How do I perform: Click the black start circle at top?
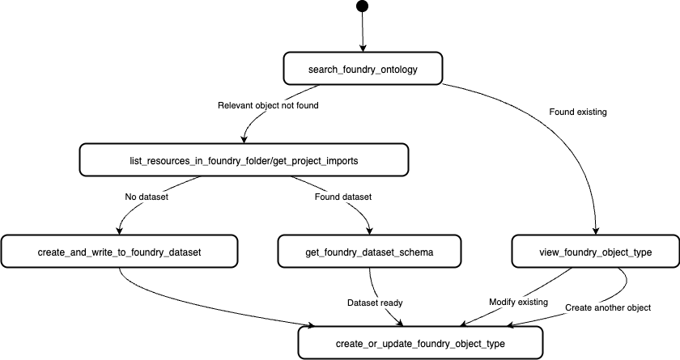(362, 7)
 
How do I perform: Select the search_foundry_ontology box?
(363, 69)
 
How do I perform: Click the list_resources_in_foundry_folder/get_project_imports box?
(243, 160)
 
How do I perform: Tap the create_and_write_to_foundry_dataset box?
(119, 252)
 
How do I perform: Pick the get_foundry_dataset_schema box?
(369, 252)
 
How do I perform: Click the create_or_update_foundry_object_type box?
(420, 344)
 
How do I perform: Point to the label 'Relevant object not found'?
(268, 105)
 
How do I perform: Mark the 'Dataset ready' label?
(375, 303)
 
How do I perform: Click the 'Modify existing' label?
(519, 302)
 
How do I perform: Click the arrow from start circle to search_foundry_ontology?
(363, 32)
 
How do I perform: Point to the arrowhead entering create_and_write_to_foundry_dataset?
(119, 231)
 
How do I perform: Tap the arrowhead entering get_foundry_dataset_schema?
(370, 231)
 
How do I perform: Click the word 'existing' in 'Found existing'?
(593, 110)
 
